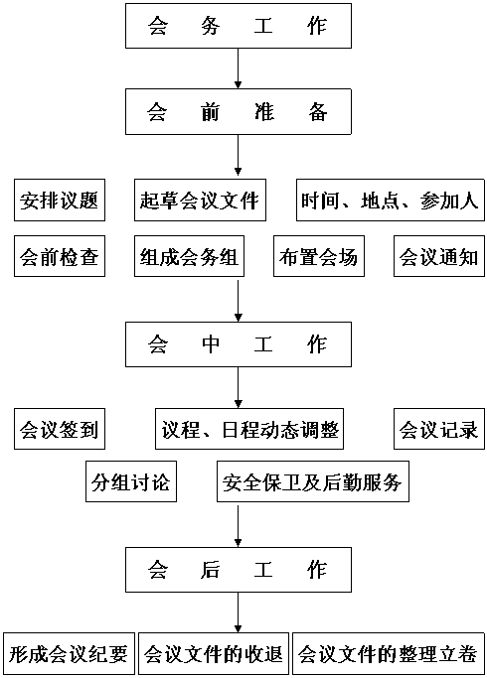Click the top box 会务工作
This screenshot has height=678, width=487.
pyautogui.click(x=239, y=26)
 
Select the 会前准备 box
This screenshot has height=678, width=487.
pyautogui.click(x=239, y=111)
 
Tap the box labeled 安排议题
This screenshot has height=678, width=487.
pyautogui.click(x=60, y=201)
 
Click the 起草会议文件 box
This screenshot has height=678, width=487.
pyautogui.click(x=200, y=201)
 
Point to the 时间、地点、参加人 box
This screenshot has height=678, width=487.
pyautogui.click(x=391, y=201)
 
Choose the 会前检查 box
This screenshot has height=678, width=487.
pyautogui.click(x=60, y=256)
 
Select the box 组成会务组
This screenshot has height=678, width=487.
pyautogui.click(x=189, y=256)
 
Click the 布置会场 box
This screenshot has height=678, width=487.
pyautogui.click(x=319, y=256)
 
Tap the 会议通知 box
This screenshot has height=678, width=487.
pyautogui.click(x=439, y=256)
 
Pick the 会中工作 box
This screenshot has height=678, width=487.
pyautogui.click(x=239, y=344)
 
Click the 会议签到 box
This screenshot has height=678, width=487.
pyautogui.click(x=60, y=429)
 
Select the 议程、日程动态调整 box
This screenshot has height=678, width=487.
pyautogui.click(x=249, y=429)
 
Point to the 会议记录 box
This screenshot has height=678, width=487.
pyautogui.click(x=439, y=429)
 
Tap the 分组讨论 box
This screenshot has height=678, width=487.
pyautogui.click(x=131, y=481)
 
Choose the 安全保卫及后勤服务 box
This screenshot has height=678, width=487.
pyautogui.click(x=313, y=481)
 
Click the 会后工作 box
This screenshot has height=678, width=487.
pyautogui.click(x=239, y=570)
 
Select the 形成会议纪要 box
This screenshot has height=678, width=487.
pyautogui.click(x=70, y=654)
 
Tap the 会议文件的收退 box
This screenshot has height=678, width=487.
pyautogui.click(x=214, y=654)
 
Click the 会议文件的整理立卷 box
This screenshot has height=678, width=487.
pyautogui.click(x=389, y=654)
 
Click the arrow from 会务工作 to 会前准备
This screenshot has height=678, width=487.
pyautogui.click(x=238, y=68)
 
